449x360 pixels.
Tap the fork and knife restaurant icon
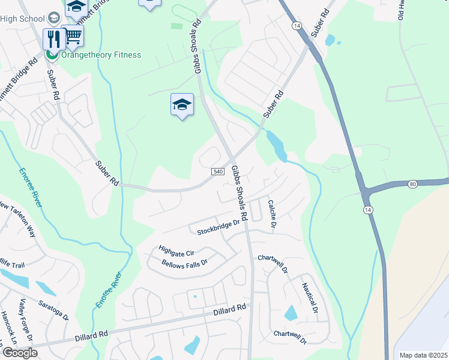[54, 39]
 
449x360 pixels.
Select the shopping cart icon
[73, 36]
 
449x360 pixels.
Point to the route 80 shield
[412, 184]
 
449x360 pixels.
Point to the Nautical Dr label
[309, 298]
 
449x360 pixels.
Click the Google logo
[19, 353]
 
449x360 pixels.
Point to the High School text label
[24, 18]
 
